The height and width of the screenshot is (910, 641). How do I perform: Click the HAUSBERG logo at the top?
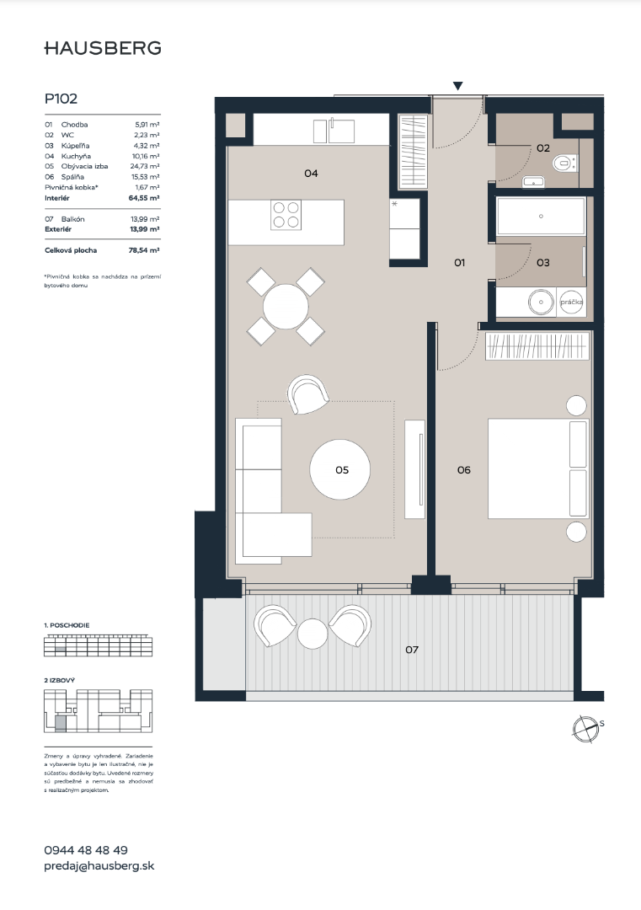point(103,48)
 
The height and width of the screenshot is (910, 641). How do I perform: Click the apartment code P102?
point(61,99)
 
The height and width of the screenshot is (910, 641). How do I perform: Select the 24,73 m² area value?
point(144,167)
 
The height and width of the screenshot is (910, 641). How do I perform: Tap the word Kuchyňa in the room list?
point(76,156)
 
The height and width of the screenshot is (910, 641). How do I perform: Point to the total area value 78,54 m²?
point(144,251)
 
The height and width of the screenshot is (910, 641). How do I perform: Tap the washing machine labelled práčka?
point(571,302)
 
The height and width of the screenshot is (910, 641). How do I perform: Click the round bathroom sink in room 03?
point(541,302)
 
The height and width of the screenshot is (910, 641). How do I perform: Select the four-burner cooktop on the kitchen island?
point(286,215)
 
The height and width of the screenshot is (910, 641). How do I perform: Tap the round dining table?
point(286,307)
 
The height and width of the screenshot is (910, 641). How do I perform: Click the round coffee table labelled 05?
point(339,469)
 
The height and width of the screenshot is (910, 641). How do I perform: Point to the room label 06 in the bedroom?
point(463,470)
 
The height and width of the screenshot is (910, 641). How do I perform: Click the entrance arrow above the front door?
point(457,87)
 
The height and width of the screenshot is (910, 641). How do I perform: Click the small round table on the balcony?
point(312,633)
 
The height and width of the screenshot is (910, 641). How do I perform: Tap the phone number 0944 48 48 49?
point(86,850)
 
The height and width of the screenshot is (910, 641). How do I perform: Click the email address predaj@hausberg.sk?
point(99,866)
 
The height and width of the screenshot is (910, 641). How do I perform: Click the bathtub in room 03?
point(541,217)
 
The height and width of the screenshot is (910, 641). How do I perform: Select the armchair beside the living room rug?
point(308,394)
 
